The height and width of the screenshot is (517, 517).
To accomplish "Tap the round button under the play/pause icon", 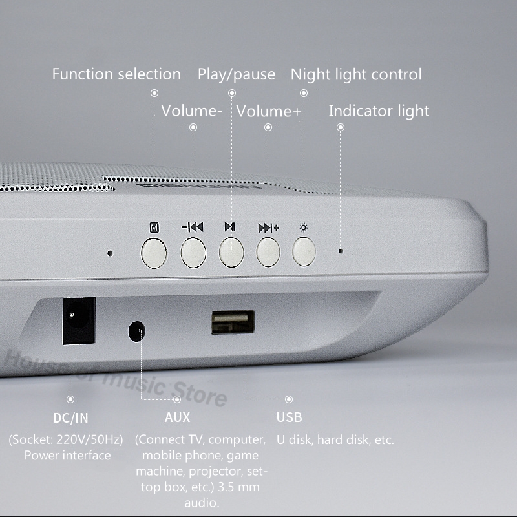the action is click(231, 253).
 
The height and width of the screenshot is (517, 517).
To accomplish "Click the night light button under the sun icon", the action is click(304, 251).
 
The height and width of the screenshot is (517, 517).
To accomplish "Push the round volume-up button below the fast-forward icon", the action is click(268, 252).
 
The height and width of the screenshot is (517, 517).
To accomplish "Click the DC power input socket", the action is click(79, 321).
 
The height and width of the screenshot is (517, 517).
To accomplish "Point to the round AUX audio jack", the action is click(137, 332).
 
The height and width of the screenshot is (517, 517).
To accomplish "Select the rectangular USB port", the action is click(233, 322).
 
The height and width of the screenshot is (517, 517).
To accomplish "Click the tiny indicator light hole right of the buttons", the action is click(341, 251).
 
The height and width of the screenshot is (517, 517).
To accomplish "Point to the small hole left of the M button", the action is click(110, 253).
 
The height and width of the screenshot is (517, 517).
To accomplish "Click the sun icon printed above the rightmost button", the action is click(304, 227).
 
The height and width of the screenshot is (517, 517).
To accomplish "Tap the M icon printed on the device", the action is click(154, 227).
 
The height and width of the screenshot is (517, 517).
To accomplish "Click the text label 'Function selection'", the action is click(116, 74).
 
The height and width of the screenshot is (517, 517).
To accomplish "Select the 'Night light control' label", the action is click(356, 74).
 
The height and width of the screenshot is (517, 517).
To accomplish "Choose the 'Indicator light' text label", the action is click(379, 111).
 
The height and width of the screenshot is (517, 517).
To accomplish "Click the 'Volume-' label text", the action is click(192, 111).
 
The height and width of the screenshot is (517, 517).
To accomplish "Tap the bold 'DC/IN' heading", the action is click(70, 418).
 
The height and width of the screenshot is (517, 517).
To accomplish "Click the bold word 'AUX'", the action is click(177, 417).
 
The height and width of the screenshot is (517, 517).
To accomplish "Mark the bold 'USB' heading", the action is click(289, 417).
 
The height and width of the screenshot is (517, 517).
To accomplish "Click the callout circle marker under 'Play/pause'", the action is click(232, 93).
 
